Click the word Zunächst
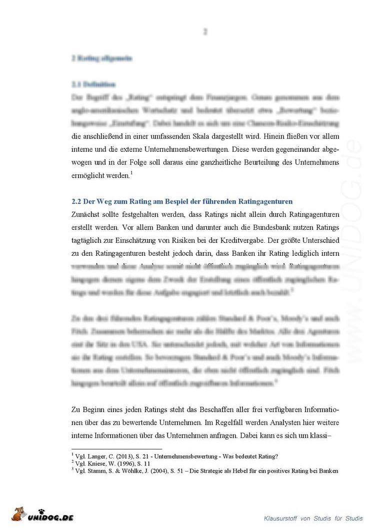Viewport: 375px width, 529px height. point(88,214)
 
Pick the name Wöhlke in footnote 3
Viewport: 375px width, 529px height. point(132,471)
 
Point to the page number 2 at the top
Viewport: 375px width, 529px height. point(205,31)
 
